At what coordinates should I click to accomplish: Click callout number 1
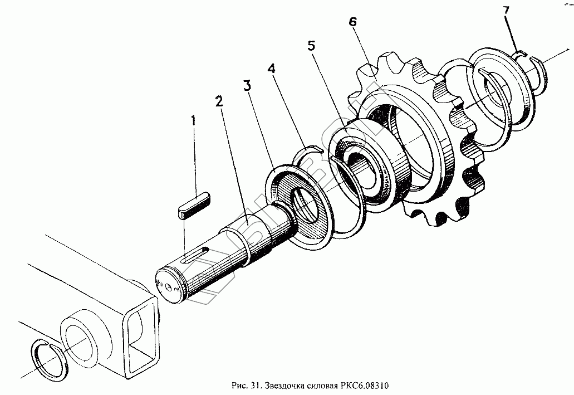pyautogui.click(x=193, y=120)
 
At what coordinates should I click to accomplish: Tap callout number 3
pyautogui.click(x=247, y=86)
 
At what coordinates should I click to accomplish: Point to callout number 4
pyautogui.click(x=271, y=69)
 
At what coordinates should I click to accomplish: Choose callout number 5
pyautogui.click(x=311, y=46)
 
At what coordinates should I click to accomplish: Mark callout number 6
pyautogui.click(x=352, y=22)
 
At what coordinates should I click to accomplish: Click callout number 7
pyautogui.click(x=506, y=11)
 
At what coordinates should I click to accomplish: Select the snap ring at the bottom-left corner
pyautogui.click(x=48, y=361)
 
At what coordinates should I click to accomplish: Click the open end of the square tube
pyautogui.click(x=141, y=329)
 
